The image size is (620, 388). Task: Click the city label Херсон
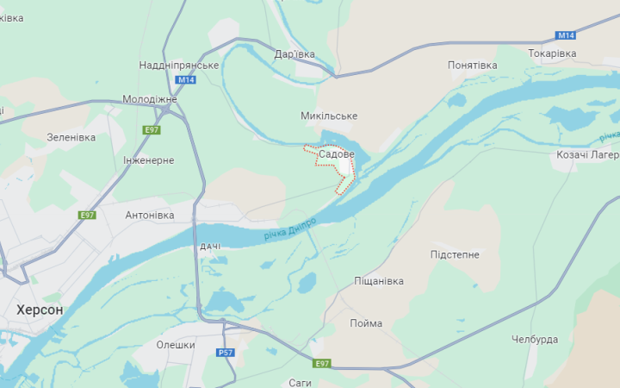[x=40, y=309]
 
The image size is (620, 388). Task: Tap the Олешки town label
[x=176, y=344]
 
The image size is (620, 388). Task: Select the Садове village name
[x=336, y=154]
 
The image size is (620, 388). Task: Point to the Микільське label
[x=329, y=116]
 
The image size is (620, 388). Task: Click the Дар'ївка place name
[x=294, y=53]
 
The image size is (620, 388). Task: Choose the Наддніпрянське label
[x=179, y=66]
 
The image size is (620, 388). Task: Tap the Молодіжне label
[x=150, y=99]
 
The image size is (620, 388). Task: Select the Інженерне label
[x=148, y=161]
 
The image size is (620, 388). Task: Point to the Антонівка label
[x=150, y=215]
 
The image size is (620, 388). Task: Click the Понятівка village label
[x=473, y=66]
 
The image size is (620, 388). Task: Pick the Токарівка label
[x=552, y=53]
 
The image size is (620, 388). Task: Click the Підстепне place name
[x=455, y=254]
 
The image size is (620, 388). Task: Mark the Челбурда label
[x=535, y=339]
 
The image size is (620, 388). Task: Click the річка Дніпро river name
[x=290, y=228]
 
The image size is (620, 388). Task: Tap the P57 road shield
[x=226, y=353]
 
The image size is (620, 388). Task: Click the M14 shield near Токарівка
[x=565, y=35]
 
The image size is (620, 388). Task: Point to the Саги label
[x=300, y=382]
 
